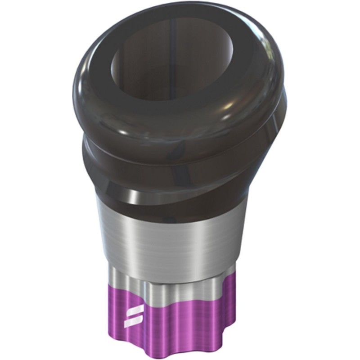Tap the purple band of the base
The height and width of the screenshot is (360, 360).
(180, 315)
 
